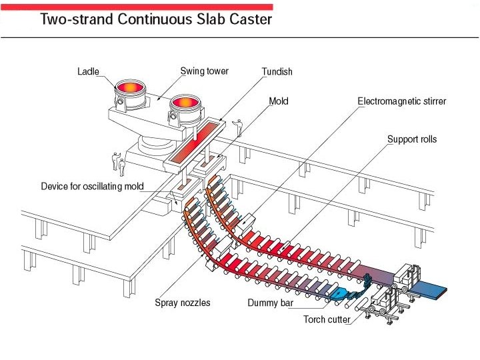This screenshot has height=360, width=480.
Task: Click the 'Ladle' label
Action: click(x=89, y=71)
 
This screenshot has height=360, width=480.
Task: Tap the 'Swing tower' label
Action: click(x=204, y=71)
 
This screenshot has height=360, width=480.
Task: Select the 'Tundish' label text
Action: click(x=277, y=71)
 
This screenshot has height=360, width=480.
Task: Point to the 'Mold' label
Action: click(x=278, y=101)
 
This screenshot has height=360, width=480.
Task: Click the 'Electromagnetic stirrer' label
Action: click(x=401, y=101)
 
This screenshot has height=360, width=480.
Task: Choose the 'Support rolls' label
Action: click(x=412, y=139)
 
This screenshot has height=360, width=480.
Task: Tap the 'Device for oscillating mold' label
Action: click(x=92, y=186)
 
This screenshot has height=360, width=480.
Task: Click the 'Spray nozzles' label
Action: click(x=182, y=303)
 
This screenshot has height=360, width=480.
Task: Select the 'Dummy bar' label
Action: click(x=271, y=303)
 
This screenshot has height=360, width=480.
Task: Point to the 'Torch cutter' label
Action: click(x=327, y=320)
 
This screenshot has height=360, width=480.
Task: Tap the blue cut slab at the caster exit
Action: click(x=430, y=291)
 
